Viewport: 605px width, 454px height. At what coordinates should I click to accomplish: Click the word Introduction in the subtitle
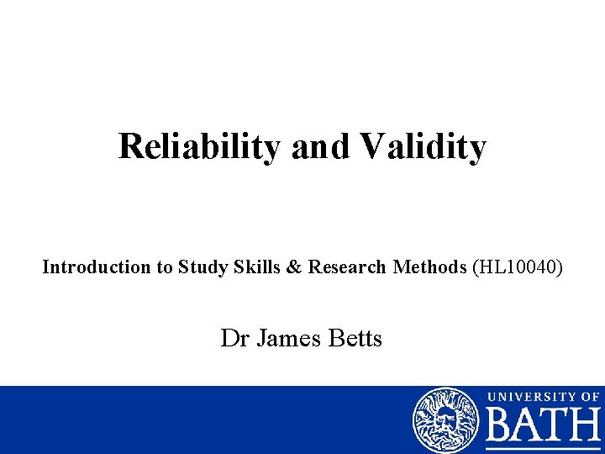pos(96,267)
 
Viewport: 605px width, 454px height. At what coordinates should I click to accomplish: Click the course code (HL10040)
pos(518,267)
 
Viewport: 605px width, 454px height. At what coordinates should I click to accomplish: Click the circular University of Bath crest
pos(445,420)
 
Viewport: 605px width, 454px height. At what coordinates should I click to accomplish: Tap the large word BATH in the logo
pos(544,429)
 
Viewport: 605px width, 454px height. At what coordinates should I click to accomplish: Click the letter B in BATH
pos(501,429)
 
